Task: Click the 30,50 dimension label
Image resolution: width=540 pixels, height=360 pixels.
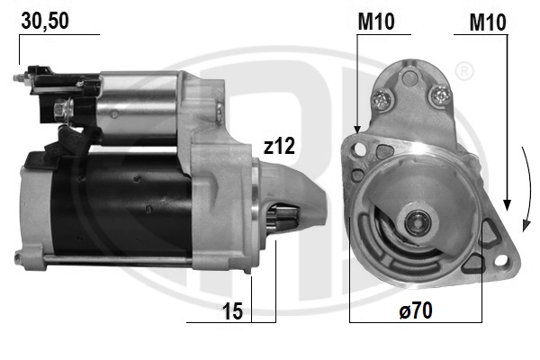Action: click(x=45, y=21)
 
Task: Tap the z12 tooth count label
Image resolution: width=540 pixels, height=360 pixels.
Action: click(x=279, y=146)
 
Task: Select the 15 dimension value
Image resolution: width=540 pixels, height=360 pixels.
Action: click(x=232, y=311)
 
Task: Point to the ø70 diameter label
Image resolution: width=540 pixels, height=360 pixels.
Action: click(x=416, y=310)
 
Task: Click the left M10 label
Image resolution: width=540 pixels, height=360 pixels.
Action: click(x=376, y=22)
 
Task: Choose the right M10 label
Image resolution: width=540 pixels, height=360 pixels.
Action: click(x=488, y=22)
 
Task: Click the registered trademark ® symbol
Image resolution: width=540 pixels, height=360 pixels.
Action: click(x=464, y=72)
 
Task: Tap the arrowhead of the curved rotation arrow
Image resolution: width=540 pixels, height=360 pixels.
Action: click(x=526, y=226)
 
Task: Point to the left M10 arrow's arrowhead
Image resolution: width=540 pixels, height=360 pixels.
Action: click(x=357, y=129)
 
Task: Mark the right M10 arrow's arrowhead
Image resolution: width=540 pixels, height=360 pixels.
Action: click(x=507, y=205)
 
